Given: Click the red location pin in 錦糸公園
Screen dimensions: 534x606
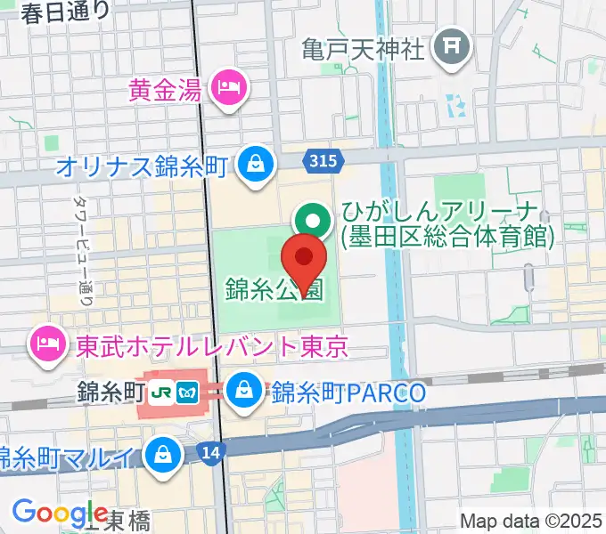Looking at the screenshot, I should coord(303,258).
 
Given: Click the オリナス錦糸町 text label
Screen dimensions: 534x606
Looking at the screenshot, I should coord(143,166).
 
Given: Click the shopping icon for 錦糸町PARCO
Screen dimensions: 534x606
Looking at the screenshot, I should coord(242,388).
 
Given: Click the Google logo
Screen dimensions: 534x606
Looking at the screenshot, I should coord(60,512).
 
